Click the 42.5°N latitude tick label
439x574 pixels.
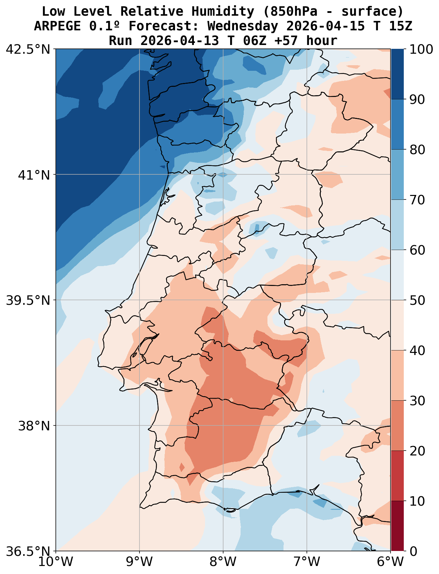(28, 49)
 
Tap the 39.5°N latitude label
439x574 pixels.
(28, 300)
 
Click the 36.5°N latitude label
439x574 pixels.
(28, 551)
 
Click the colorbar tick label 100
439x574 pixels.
(422, 49)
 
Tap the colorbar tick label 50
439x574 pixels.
(417, 300)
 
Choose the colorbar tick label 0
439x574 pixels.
(413, 551)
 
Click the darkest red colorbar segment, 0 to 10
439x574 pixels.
(398, 526)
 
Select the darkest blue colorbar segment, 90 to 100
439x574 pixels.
(398, 74)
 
